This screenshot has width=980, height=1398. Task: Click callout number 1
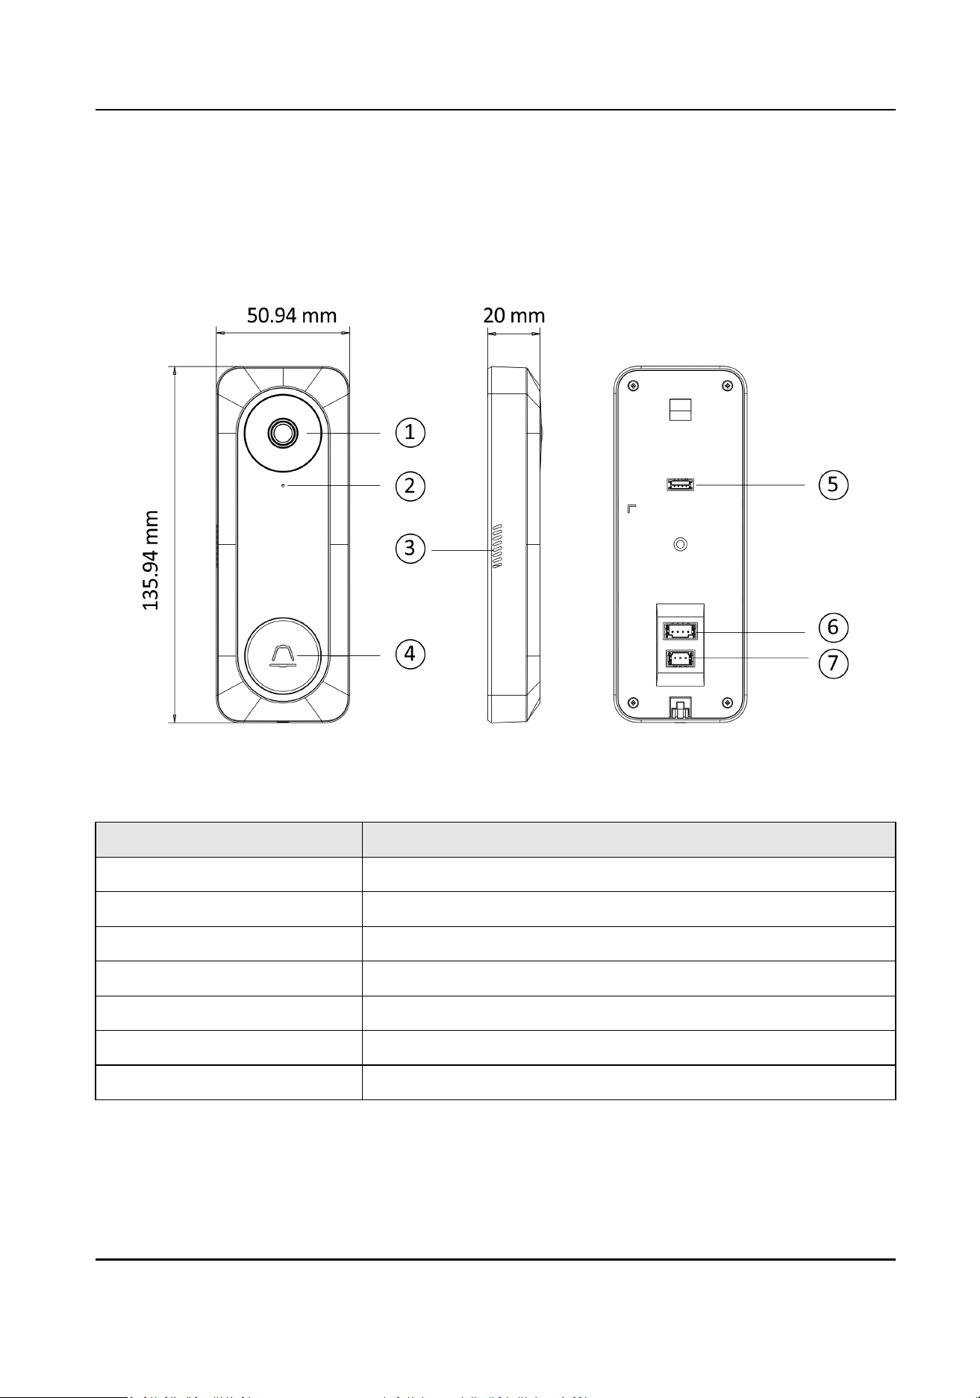[410, 431]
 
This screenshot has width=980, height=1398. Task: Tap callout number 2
[410, 486]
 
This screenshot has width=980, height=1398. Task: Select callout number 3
[410, 549]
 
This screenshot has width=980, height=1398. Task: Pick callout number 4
[410, 654]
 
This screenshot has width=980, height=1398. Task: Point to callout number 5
[833, 484]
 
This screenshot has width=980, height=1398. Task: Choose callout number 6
[833, 627]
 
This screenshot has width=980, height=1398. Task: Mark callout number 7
[833, 662]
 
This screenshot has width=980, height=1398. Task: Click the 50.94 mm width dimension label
[292, 316]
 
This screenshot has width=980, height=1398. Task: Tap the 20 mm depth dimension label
[514, 316]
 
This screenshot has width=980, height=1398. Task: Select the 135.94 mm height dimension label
[152, 560]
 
